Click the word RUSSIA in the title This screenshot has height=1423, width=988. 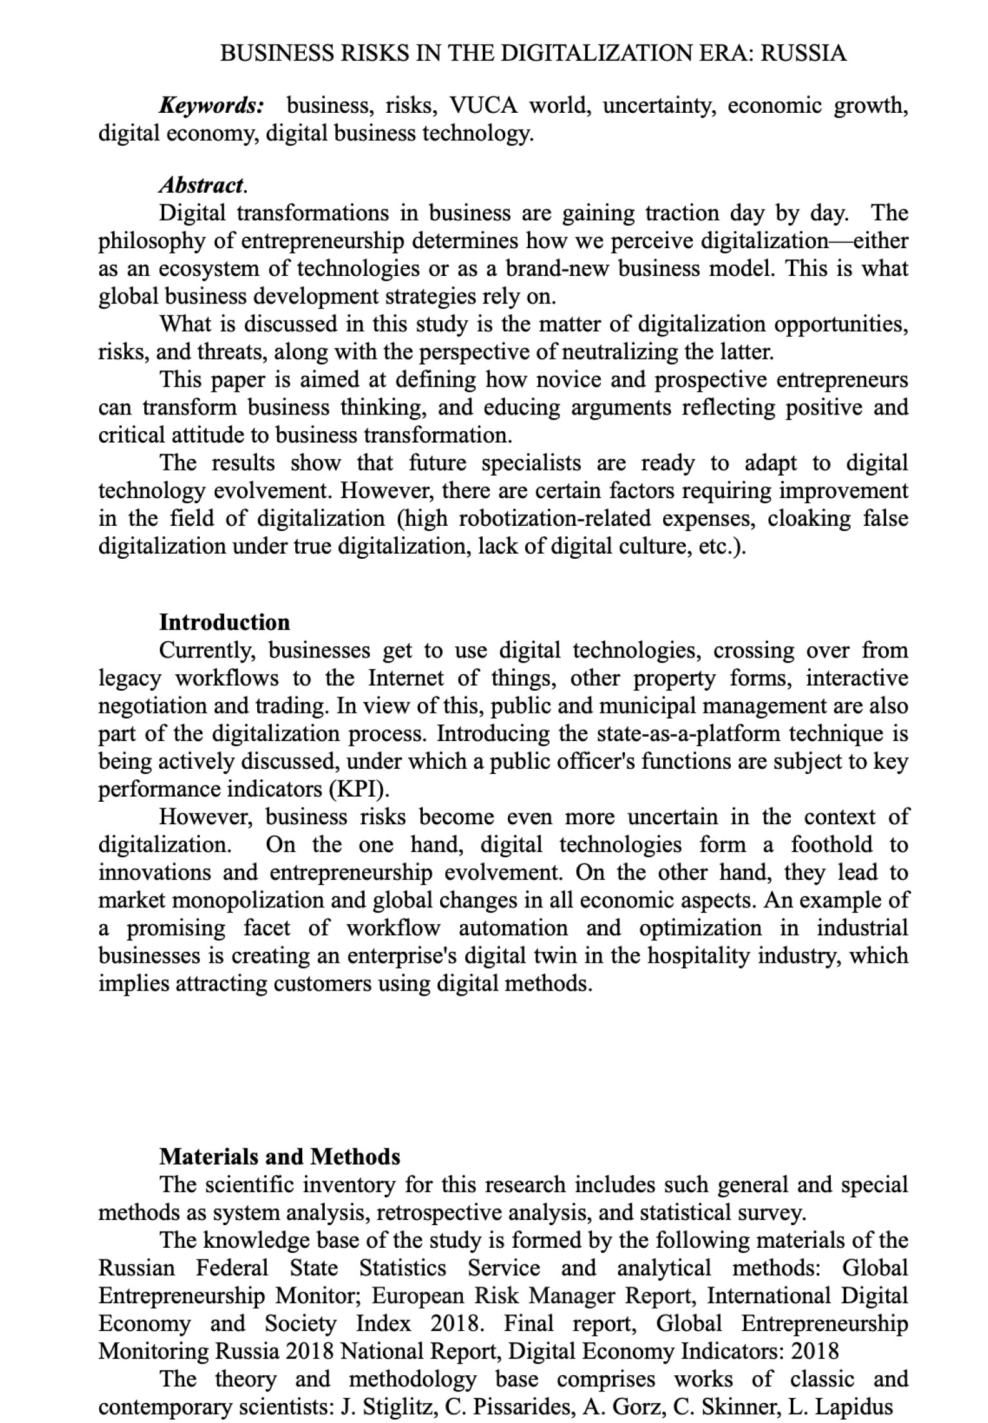pos(803,53)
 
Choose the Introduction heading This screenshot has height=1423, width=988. pos(224,622)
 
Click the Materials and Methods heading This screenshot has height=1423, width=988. pos(279,1157)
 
